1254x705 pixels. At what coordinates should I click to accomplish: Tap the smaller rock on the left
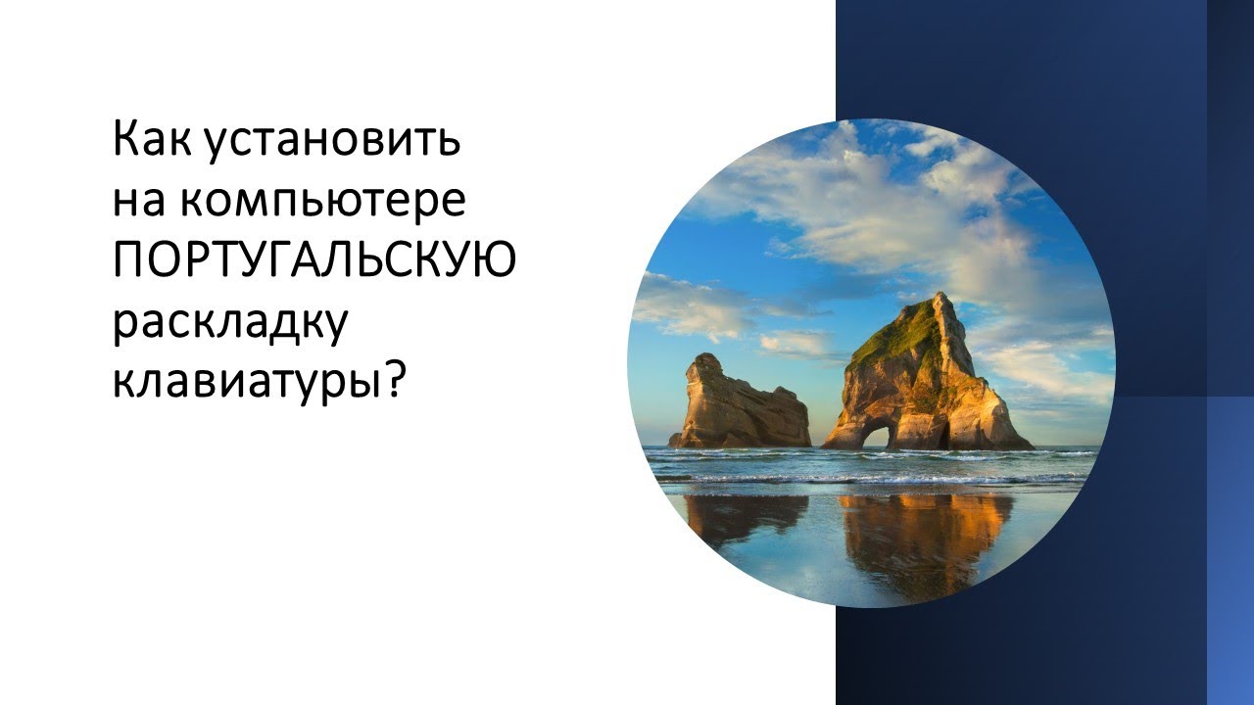[x=735, y=406]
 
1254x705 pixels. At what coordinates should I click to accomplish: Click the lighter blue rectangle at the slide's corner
[x=1230, y=548]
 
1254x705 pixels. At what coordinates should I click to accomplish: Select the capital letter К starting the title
[x=125, y=140]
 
